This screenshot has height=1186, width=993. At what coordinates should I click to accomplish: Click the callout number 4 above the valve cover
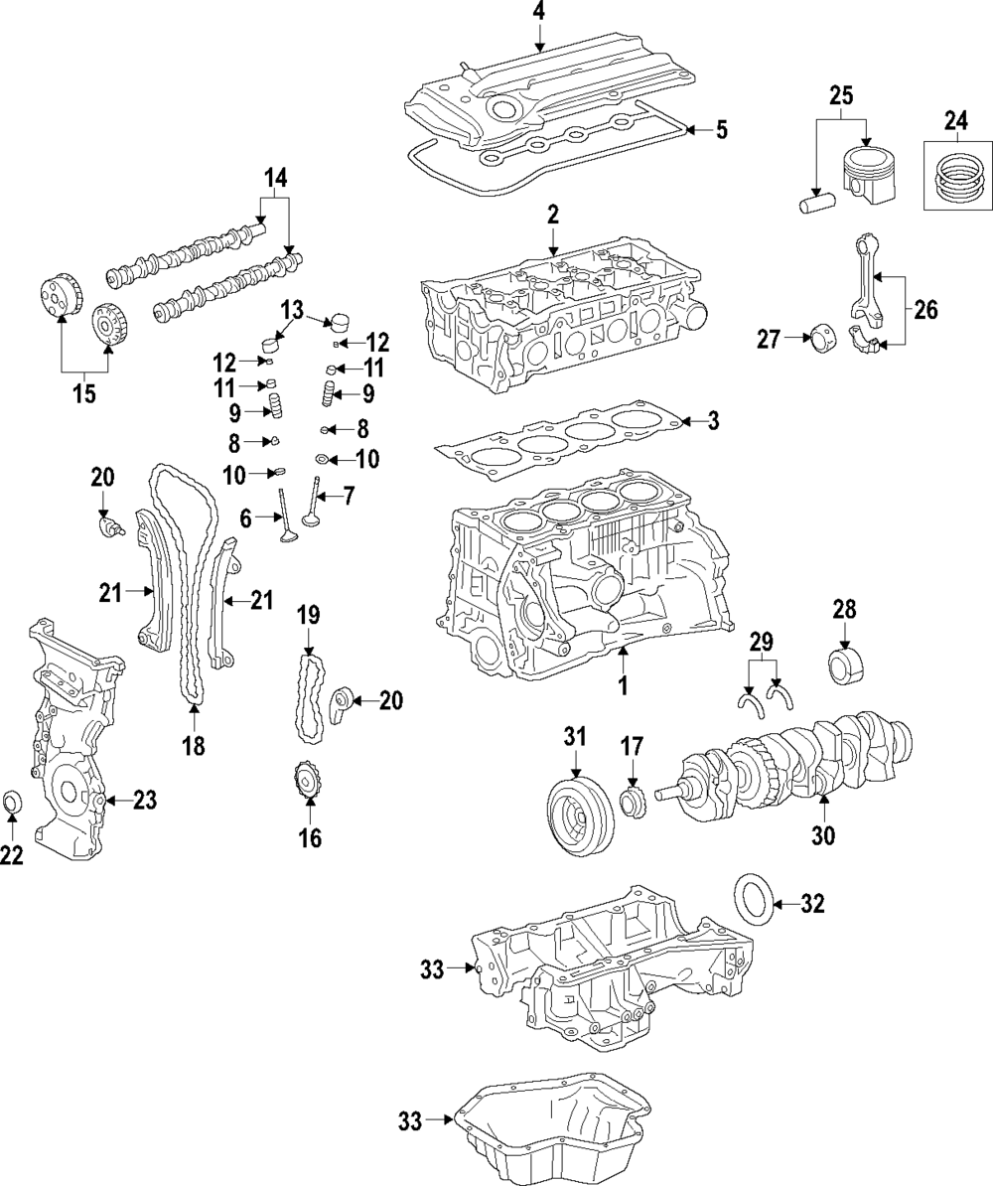pyautogui.click(x=538, y=12)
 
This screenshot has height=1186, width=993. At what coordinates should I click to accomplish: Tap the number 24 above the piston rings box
pyautogui.click(x=956, y=119)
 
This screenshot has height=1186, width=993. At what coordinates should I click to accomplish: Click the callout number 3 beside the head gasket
pyautogui.click(x=712, y=420)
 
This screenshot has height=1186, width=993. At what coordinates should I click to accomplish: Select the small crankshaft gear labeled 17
pyautogui.click(x=632, y=803)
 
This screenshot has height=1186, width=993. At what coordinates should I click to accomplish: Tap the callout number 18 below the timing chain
pyautogui.click(x=194, y=746)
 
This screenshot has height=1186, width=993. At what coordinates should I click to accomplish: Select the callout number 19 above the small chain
pyautogui.click(x=308, y=614)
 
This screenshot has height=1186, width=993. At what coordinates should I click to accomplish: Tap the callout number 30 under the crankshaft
pyautogui.click(x=824, y=835)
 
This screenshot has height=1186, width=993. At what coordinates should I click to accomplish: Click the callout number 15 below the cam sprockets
pyautogui.click(x=84, y=394)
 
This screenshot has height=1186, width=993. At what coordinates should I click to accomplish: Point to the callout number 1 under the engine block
pyautogui.click(x=623, y=685)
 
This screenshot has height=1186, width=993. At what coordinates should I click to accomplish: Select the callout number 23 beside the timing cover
pyautogui.click(x=144, y=800)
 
